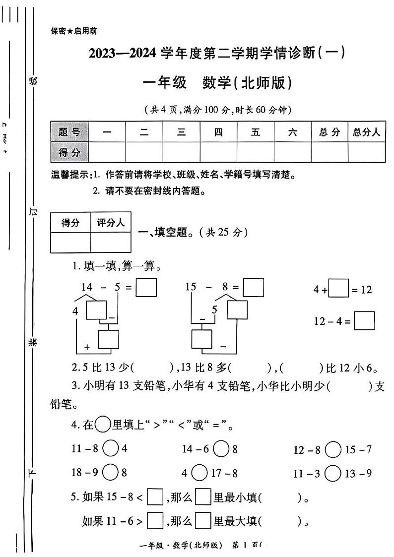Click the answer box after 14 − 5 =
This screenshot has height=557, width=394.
point(146,288)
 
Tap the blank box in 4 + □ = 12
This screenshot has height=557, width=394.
point(338,289)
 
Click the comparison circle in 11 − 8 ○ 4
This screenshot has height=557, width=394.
point(111,449)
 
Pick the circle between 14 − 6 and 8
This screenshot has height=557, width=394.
point(221,449)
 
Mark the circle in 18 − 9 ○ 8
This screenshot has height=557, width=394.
point(111,472)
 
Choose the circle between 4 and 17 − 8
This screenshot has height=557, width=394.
point(199,473)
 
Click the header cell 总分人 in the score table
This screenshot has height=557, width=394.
point(366,132)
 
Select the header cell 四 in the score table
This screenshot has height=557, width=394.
point(218,132)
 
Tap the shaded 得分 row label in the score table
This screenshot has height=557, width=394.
point(69,152)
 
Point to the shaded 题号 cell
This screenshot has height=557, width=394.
point(69,132)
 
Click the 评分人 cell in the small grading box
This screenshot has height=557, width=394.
point(111,223)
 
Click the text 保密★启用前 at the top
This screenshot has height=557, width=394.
point(74,31)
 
